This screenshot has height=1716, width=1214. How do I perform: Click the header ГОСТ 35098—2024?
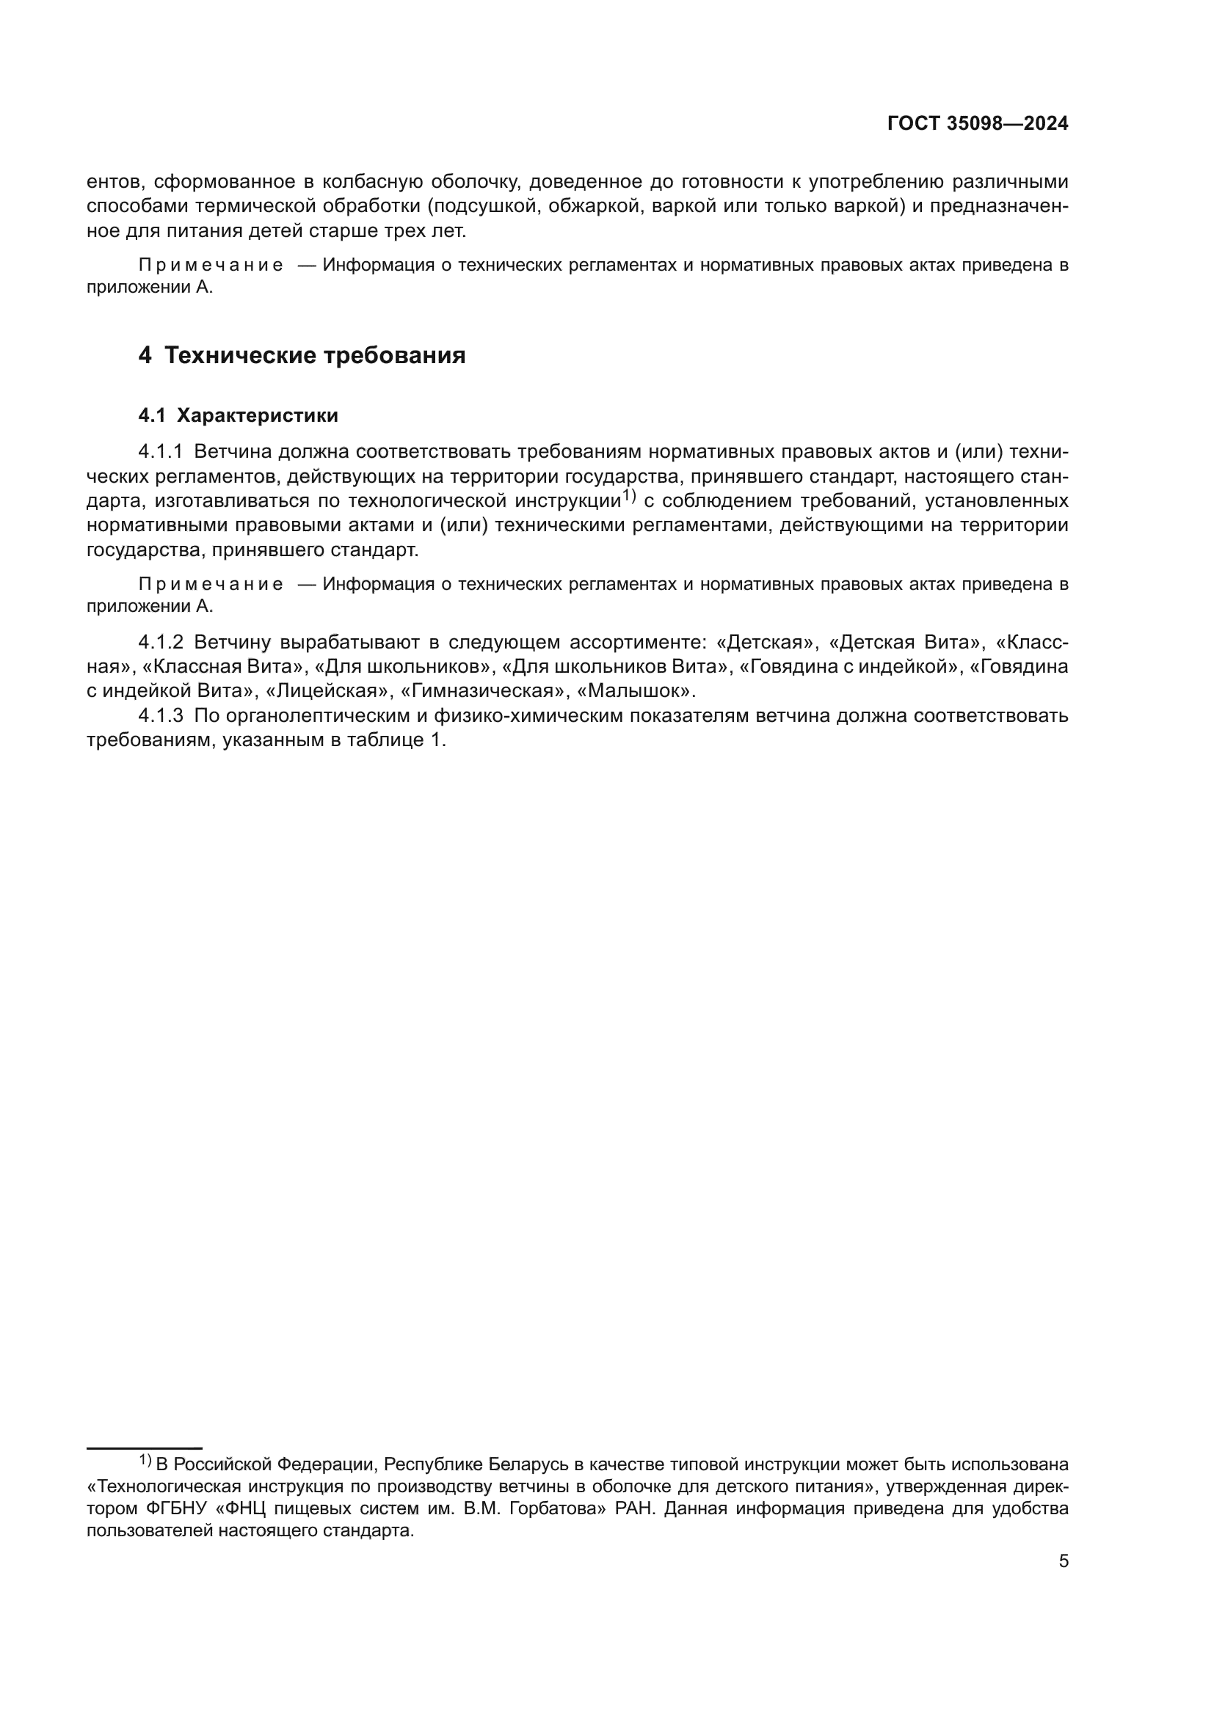978,124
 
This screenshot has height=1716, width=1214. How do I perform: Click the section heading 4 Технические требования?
301,356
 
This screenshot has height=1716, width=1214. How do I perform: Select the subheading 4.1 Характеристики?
238,415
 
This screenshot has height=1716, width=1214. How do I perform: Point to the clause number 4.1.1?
160,451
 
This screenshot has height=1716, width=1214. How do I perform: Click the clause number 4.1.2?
160,642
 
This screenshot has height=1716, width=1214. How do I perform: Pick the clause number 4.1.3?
160,716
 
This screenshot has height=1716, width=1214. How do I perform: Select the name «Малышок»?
636,690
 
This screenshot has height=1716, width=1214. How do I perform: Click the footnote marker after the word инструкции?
629,495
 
